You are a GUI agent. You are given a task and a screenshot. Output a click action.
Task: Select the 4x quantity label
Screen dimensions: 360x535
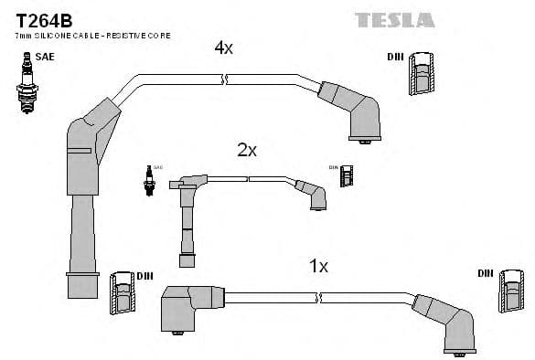(224, 48)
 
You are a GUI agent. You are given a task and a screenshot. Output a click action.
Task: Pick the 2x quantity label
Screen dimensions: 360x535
(247, 150)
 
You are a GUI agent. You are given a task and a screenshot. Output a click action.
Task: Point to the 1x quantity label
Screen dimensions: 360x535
(318, 266)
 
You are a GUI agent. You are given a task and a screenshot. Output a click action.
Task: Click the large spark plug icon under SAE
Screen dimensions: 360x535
(26, 83)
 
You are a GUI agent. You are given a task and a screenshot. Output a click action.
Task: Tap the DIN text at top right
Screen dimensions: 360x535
(395, 57)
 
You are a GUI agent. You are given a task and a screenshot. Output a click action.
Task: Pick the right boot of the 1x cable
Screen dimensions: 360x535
(448, 323)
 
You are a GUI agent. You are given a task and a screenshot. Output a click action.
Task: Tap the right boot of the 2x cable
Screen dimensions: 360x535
(313, 195)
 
